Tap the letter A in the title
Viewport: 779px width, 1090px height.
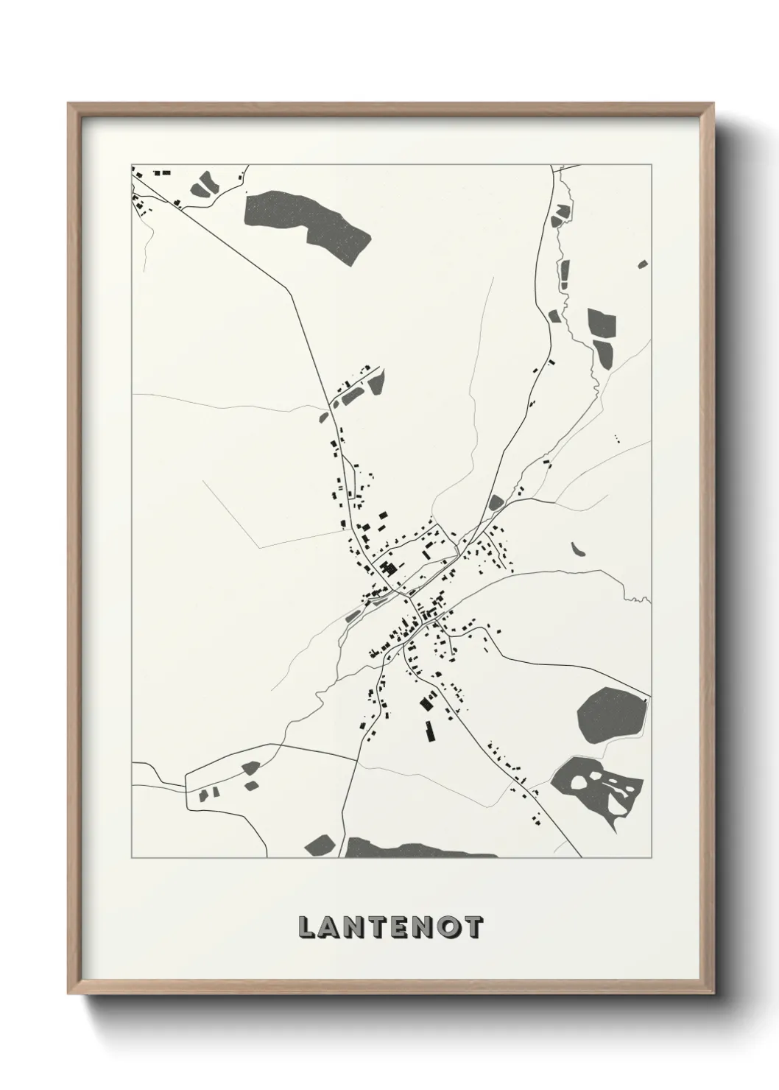click(x=332, y=928)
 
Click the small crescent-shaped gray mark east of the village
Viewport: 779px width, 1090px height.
click(x=577, y=549)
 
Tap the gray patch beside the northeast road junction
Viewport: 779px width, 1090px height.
click(x=495, y=503)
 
